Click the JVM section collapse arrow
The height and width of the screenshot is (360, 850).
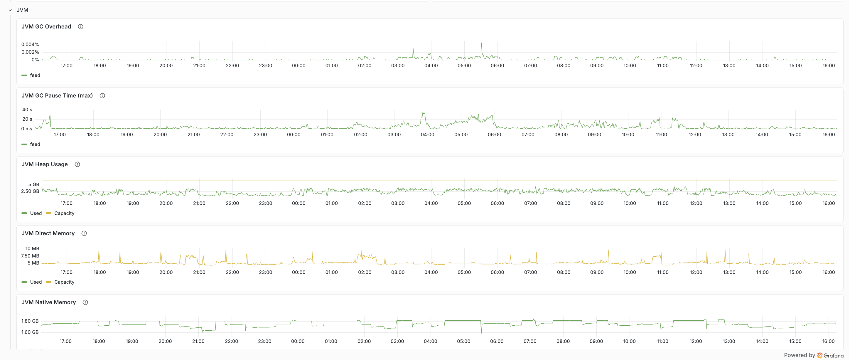pos(10,10)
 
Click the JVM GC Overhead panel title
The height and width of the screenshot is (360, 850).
pos(46,27)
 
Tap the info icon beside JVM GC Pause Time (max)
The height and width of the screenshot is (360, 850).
pos(102,96)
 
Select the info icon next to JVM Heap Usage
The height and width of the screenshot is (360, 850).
pos(77,164)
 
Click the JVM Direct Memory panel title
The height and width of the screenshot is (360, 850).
pos(48,233)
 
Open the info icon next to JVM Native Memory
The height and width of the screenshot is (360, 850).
pos(85,302)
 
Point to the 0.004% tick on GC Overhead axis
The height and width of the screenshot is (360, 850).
pos(30,45)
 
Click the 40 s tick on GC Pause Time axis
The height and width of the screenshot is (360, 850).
pos(27,110)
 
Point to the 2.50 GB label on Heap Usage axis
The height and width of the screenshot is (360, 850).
pos(30,191)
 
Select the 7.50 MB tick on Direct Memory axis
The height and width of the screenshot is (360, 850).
pos(30,256)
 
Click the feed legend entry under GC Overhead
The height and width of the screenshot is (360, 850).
pos(35,75)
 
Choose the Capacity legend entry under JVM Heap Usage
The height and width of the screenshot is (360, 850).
pos(64,213)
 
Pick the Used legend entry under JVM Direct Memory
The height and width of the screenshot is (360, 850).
pos(36,282)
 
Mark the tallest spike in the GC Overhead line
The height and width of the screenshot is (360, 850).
pos(481,43)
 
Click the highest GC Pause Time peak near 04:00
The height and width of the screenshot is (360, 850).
pos(423,113)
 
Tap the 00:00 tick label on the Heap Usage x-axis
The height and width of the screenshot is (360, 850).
pos(298,203)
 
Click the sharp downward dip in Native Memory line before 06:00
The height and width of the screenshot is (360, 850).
pos(481,333)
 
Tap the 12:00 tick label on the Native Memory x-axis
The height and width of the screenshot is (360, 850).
pos(696,341)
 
